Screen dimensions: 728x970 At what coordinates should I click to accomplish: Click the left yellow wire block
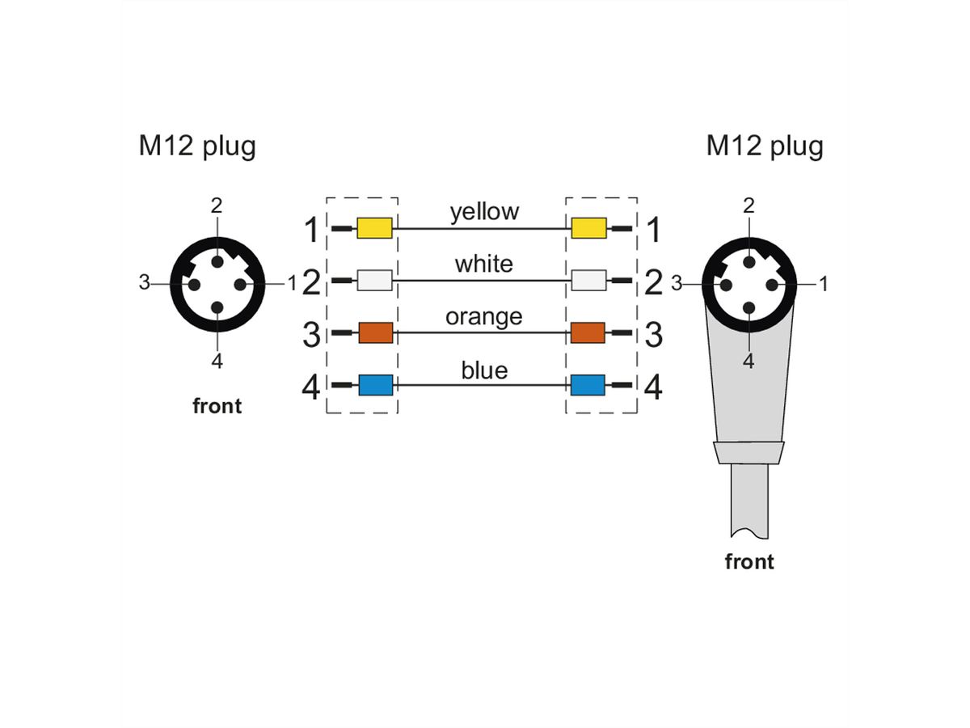[374, 229]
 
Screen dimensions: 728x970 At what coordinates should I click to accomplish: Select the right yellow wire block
[588, 229]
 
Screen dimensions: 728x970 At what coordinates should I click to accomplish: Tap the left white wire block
[374, 281]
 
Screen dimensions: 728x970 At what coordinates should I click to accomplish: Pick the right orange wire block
[588, 332]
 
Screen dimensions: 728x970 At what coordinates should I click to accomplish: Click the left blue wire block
[374, 385]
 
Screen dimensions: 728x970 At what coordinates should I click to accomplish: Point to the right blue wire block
[588, 385]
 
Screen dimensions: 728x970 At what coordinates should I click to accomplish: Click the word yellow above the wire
[484, 212]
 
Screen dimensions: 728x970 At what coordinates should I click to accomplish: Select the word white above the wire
[483, 264]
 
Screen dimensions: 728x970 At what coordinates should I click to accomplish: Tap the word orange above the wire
[483, 316]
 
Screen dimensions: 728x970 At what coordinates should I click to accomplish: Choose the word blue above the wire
[484, 370]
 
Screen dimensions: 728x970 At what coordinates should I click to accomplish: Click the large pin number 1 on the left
[311, 231]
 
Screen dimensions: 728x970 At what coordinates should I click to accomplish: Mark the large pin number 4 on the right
[653, 387]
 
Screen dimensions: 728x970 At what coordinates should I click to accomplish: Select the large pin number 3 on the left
[311, 334]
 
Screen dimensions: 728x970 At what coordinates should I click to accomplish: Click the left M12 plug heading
[197, 146]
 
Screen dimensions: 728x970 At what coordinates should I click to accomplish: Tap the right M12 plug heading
[765, 146]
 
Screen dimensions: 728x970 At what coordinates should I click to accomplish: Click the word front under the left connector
[217, 406]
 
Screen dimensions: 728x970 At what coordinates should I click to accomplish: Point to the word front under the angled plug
[749, 561]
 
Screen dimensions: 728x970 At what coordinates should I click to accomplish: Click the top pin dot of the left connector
[217, 260]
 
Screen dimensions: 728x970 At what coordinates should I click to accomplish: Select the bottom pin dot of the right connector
[749, 307]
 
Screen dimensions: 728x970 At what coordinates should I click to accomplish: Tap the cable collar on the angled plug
[749, 453]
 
